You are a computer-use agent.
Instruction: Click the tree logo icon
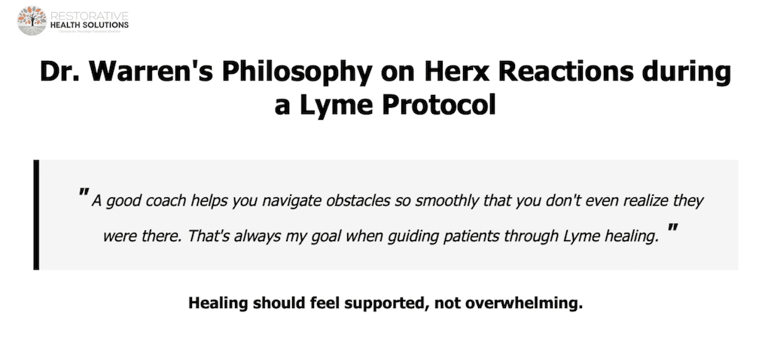point(32,20)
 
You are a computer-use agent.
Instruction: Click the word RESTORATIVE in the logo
point(88,14)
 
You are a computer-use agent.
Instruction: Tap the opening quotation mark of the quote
point(83,196)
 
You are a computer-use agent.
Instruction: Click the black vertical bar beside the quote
point(36,215)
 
